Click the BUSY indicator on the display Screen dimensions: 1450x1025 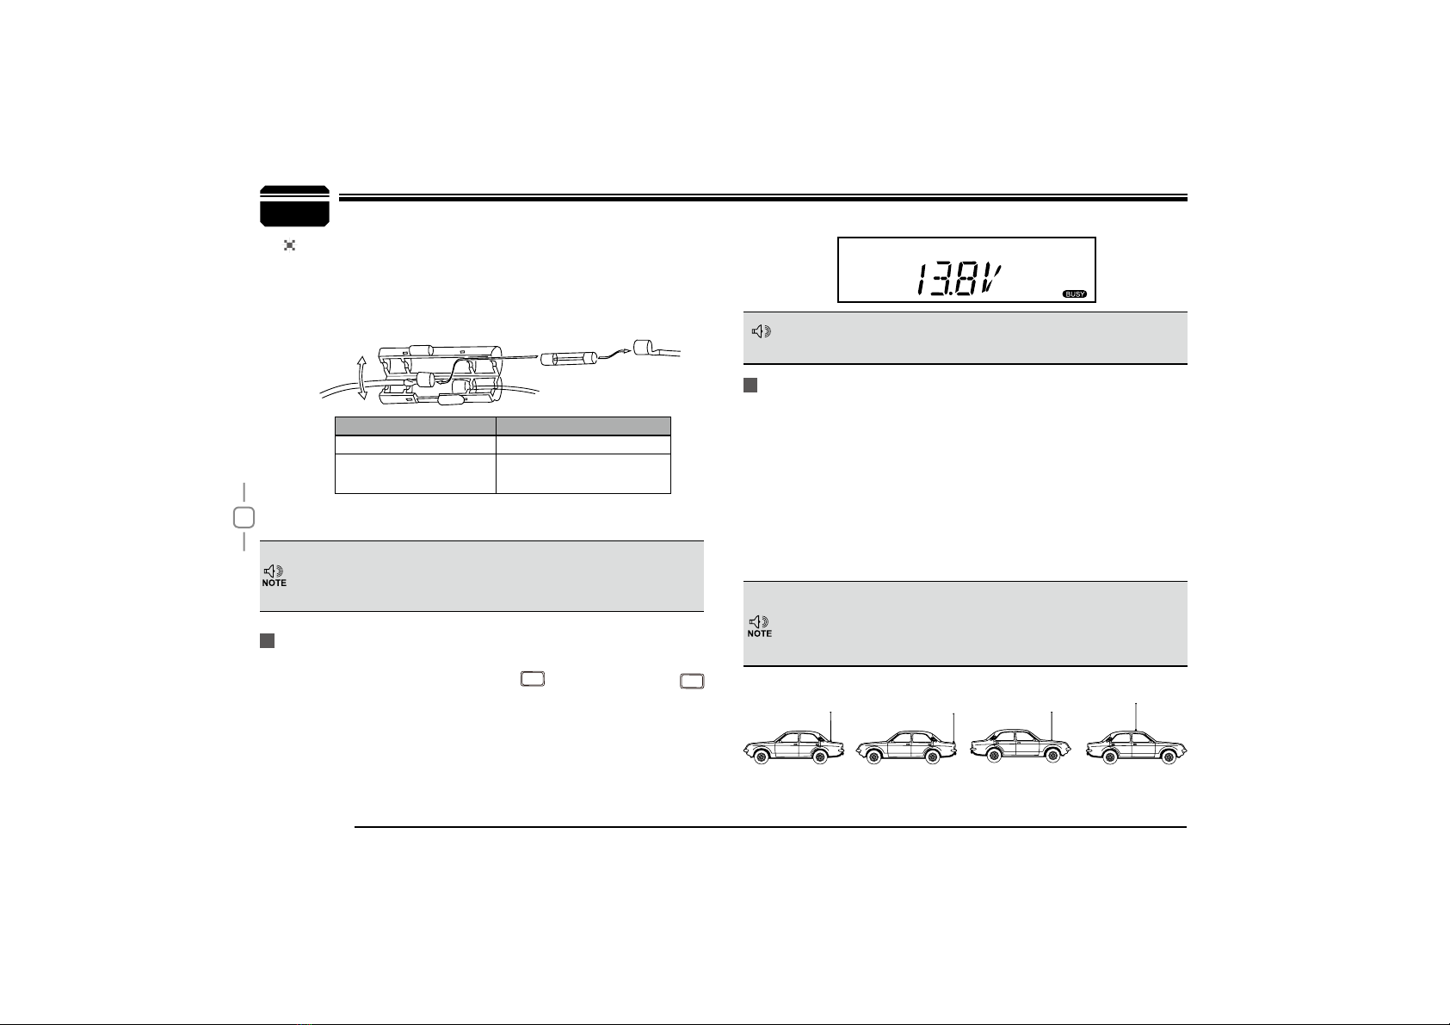point(1075,294)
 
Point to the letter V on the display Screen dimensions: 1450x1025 point(991,280)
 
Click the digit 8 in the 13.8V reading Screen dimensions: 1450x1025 point(965,280)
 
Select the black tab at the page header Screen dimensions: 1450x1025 point(294,206)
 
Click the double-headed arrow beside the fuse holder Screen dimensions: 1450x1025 point(361,378)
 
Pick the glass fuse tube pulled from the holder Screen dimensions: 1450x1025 point(568,358)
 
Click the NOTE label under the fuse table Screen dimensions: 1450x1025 point(274,583)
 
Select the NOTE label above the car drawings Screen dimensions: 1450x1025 point(759,633)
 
